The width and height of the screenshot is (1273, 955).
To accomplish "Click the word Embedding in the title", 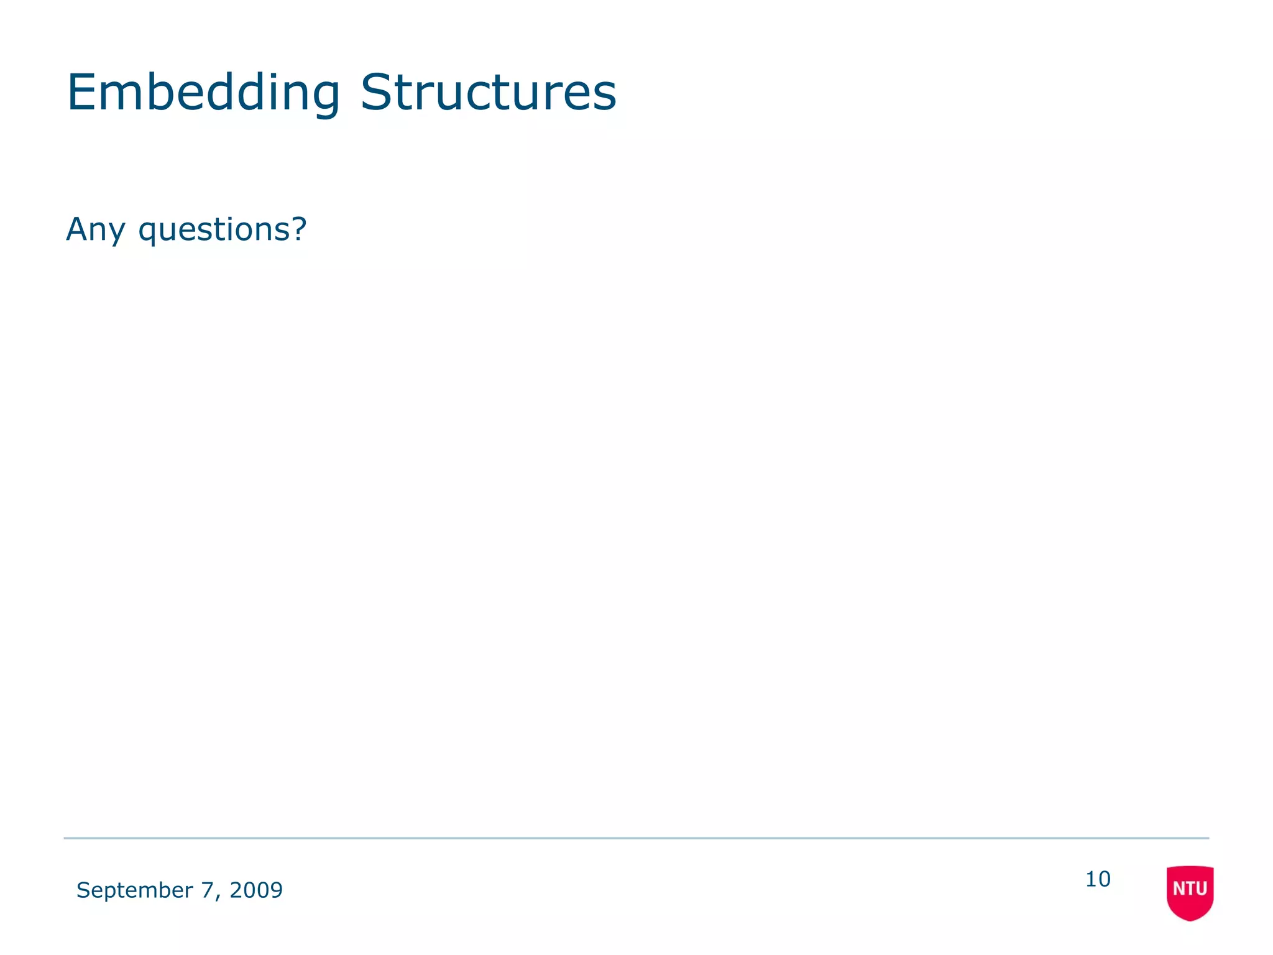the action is [203, 93].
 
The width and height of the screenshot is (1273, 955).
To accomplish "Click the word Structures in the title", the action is [489, 93].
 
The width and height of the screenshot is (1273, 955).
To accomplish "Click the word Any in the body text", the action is [95, 230].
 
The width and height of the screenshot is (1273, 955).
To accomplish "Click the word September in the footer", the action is [134, 891].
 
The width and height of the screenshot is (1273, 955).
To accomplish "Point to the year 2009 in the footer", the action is [256, 890].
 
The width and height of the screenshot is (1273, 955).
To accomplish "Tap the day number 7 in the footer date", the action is [207, 890].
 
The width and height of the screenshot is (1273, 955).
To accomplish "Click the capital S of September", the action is [82, 890].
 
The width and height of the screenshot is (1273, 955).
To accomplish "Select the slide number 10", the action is [1098, 880].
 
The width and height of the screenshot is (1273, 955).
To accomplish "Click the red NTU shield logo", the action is [1190, 893].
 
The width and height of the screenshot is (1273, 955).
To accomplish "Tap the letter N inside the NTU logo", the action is [1178, 889].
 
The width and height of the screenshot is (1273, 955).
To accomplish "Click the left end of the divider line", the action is [65, 838].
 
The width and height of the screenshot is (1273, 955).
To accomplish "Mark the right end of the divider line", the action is [1208, 838].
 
